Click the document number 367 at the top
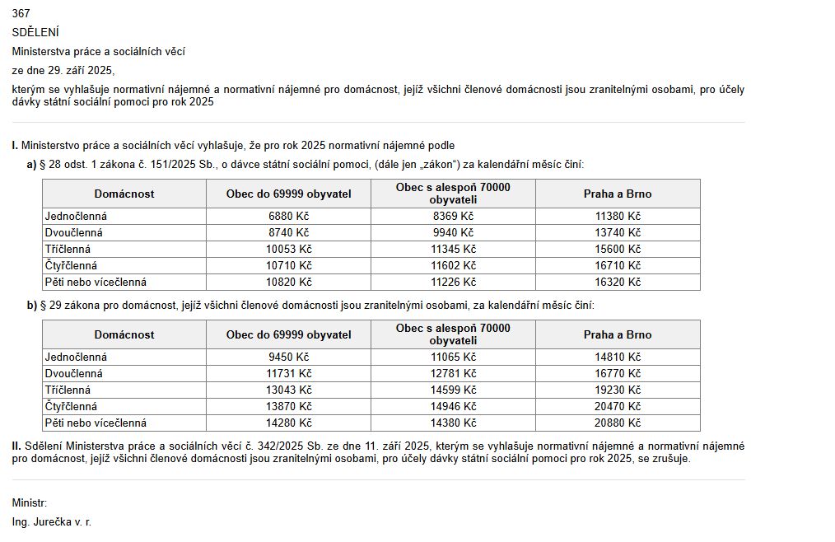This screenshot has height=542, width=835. click(x=21, y=14)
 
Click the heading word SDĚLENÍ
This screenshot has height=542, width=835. click(x=35, y=32)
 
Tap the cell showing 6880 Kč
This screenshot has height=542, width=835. click(x=288, y=216)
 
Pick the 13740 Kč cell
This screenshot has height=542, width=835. click(x=618, y=232)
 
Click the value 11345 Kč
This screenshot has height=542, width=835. click(x=453, y=249)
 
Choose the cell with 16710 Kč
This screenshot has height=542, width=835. click(x=618, y=265)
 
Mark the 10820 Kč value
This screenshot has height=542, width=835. click(x=288, y=282)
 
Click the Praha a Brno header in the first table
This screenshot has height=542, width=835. click(x=618, y=194)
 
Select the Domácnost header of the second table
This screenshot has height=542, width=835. click(x=124, y=334)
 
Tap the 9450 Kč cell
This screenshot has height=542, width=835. click(x=288, y=357)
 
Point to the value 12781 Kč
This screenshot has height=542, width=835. click(x=453, y=373)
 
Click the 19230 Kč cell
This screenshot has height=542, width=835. click(x=618, y=390)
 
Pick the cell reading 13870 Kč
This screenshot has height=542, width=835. click(x=288, y=406)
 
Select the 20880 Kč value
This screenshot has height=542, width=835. click(x=618, y=423)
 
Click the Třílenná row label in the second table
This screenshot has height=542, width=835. click(x=68, y=390)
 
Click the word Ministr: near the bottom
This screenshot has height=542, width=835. click(x=30, y=502)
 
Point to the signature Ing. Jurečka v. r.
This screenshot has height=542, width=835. click(x=51, y=522)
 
